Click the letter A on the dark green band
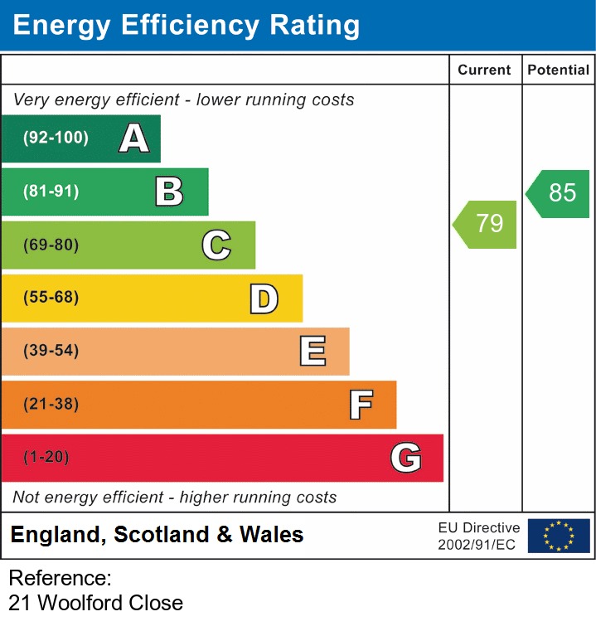(x=134, y=138)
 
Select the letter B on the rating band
(x=169, y=192)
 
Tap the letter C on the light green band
(x=216, y=245)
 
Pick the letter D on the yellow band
(x=264, y=299)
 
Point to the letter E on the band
(x=312, y=352)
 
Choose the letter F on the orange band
(x=360, y=405)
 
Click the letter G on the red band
(x=406, y=458)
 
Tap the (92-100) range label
(x=56, y=138)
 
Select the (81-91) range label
(x=51, y=192)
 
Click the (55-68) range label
(x=51, y=298)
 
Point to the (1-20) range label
(x=46, y=458)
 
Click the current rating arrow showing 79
(x=487, y=224)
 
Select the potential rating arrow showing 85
(x=560, y=193)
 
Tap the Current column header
(x=486, y=70)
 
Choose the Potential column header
(x=559, y=70)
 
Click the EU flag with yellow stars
(x=559, y=536)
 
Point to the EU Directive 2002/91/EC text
(x=479, y=536)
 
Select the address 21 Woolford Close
(x=96, y=603)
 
